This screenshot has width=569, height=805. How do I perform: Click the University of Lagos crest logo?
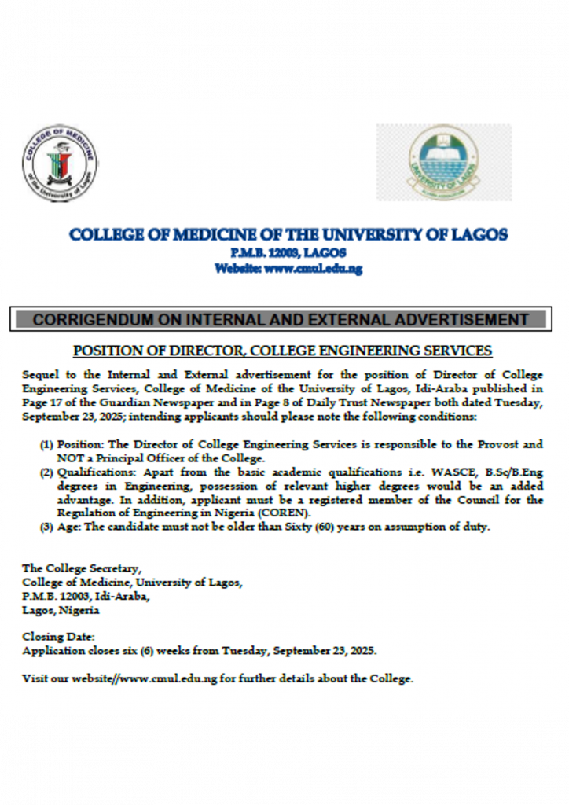tap(443, 163)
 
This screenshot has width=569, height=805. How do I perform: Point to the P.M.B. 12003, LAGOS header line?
tap(288, 252)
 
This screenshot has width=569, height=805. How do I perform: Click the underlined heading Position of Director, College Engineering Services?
tap(282, 351)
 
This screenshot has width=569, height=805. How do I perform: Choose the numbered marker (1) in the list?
tap(47, 444)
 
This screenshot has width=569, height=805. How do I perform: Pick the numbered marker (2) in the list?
tap(47, 472)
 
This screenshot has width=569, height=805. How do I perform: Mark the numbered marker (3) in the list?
tap(47, 527)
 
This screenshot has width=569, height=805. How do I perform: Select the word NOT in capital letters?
tap(69, 458)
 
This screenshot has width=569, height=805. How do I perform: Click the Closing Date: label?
tap(59, 637)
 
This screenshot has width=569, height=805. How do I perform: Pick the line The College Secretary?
tap(83, 568)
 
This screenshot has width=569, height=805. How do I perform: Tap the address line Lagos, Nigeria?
tap(61, 610)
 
